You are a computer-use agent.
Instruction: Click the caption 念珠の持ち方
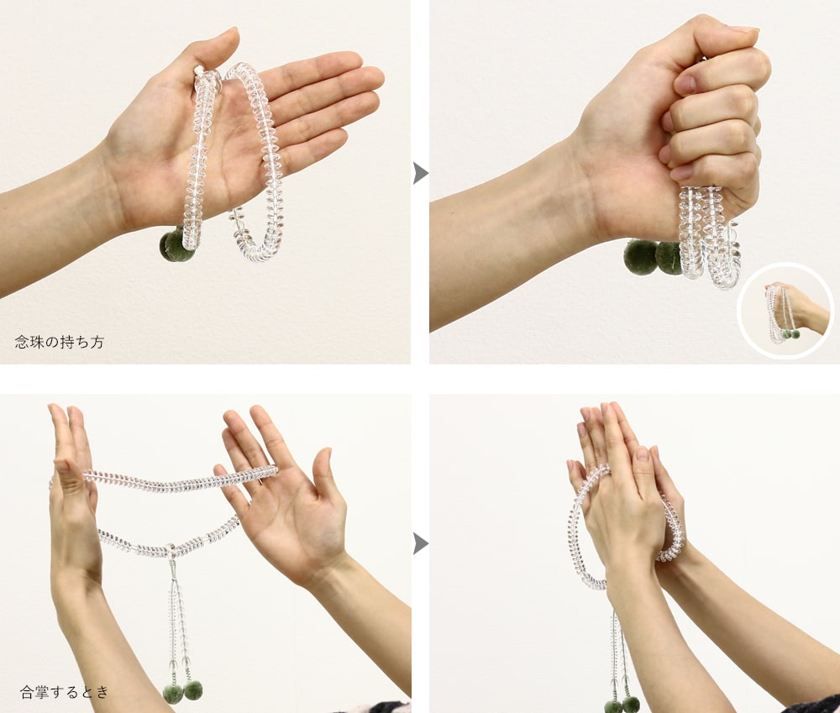coord(60,342)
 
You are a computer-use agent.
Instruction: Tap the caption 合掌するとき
coord(65,691)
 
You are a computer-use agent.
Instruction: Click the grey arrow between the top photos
coord(421,173)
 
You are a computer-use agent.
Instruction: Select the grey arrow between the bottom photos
coord(421,544)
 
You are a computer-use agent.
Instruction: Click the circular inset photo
coord(785,311)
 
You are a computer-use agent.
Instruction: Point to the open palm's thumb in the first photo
coord(214,51)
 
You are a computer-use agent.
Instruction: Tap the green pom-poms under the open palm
coord(176,245)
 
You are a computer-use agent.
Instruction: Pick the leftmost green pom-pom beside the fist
coord(640,257)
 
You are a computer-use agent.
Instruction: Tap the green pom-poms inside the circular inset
coord(790,334)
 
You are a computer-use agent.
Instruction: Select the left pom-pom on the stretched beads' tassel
coord(173,693)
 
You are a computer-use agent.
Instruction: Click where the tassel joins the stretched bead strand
coord(171,550)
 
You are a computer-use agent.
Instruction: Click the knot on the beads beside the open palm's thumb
coord(200,71)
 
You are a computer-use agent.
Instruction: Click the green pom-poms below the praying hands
coord(622,705)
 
